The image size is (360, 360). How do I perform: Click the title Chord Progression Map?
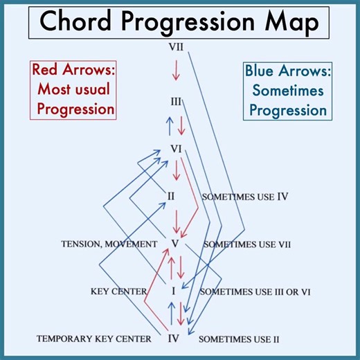(180, 22)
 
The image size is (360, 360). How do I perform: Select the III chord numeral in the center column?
(176, 102)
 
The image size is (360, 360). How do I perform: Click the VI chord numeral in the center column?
(176, 149)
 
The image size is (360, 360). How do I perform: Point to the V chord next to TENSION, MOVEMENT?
(175, 243)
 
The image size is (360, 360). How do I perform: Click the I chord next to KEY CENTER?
(174, 291)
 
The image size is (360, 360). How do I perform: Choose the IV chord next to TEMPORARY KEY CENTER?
(174, 339)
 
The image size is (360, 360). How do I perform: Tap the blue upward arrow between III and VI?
(169, 125)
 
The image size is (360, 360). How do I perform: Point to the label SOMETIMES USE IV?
(244, 197)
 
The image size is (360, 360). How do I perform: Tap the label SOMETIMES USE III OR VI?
(255, 291)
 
